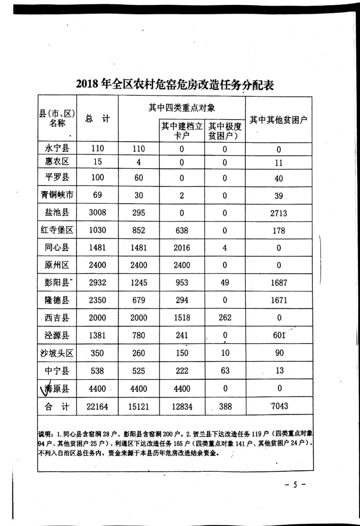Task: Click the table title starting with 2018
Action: click(x=175, y=85)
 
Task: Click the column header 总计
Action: click(x=97, y=119)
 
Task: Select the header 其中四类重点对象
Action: click(x=182, y=108)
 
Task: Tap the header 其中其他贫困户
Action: click(x=278, y=120)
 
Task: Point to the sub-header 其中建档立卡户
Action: click(x=182, y=131)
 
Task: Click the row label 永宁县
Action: click(x=57, y=148)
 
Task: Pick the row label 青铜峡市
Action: click(x=57, y=195)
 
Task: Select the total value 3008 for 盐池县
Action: click(x=97, y=212)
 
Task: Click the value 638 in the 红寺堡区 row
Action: click(x=182, y=230)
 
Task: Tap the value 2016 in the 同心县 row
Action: click(x=182, y=248)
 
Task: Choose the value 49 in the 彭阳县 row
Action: click(x=225, y=283)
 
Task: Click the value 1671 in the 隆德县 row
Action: click(x=279, y=300)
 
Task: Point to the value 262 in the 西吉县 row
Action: click(x=225, y=317)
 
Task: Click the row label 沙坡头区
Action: click(x=57, y=353)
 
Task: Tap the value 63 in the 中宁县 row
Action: click(x=225, y=370)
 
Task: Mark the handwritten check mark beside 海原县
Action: click(x=46, y=388)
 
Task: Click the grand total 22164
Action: click(x=97, y=407)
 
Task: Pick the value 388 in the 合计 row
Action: click(x=225, y=406)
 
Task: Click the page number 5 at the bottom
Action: click(x=295, y=484)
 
